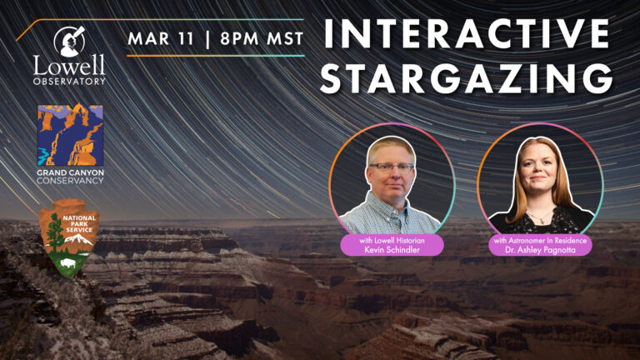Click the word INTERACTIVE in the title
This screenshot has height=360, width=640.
click(465, 34)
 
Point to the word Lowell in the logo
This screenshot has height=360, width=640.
click(70, 66)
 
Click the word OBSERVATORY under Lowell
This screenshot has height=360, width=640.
click(70, 81)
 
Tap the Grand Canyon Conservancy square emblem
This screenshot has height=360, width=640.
click(70, 135)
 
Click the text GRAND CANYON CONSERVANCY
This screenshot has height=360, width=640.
click(70, 176)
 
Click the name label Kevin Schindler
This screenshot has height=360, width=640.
click(392, 248)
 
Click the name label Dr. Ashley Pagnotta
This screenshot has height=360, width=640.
click(541, 248)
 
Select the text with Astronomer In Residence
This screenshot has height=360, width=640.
click(541, 239)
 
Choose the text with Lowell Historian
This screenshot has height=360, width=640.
click(392, 239)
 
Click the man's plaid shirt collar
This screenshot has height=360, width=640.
click(392, 204)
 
